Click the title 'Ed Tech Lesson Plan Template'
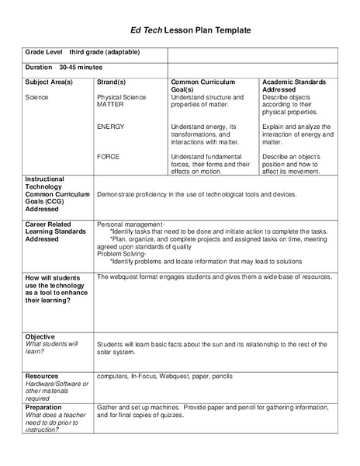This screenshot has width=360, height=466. (x=179, y=30)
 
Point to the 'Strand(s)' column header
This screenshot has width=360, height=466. (x=112, y=82)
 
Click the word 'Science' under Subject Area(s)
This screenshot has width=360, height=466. (x=36, y=97)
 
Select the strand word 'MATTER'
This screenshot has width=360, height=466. (x=110, y=104)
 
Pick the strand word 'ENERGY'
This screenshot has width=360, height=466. (x=111, y=126)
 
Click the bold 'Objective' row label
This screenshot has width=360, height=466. (x=40, y=336)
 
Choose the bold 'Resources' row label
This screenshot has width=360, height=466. (x=42, y=376)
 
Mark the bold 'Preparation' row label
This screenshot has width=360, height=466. (x=44, y=406)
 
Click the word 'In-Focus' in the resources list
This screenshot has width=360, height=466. (x=144, y=376)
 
